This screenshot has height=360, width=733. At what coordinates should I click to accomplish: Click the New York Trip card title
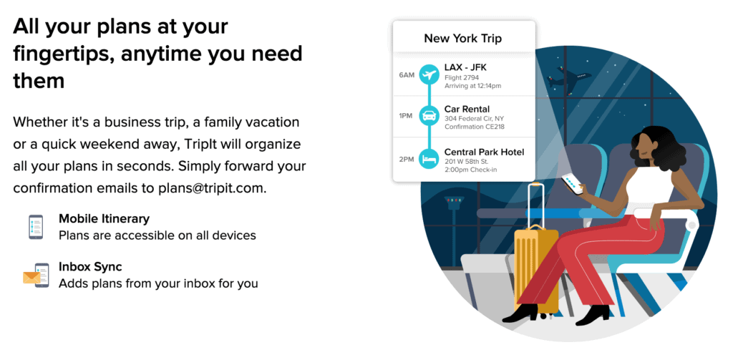pyautogui.click(x=462, y=39)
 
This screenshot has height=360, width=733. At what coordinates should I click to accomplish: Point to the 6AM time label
pyautogui.click(x=407, y=75)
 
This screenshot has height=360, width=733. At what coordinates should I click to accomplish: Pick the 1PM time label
pyautogui.click(x=406, y=115)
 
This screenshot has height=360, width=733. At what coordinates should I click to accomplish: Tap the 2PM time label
pyautogui.click(x=407, y=160)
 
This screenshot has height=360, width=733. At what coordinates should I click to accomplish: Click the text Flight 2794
pyautogui.click(x=462, y=77)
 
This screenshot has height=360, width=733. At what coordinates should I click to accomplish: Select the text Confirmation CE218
pyautogui.click(x=475, y=127)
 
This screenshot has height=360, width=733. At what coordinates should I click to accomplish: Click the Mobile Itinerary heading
pyautogui.click(x=104, y=219)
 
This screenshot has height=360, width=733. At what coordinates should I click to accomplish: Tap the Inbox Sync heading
pyautogui.click(x=90, y=267)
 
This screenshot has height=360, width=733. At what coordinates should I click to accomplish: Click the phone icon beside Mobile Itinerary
pyautogui.click(x=36, y=227)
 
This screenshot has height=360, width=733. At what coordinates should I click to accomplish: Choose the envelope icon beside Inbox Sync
pyautogui.click(x=31, y=277)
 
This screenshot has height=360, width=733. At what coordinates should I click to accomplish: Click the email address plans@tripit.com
pyautogui.click(x=212, y=188)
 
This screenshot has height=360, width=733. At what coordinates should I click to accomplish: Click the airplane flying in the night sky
pyautogui.click(x=568, y=77)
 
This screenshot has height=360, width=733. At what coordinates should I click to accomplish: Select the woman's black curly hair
pyautogui.click(x=660, y=149)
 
